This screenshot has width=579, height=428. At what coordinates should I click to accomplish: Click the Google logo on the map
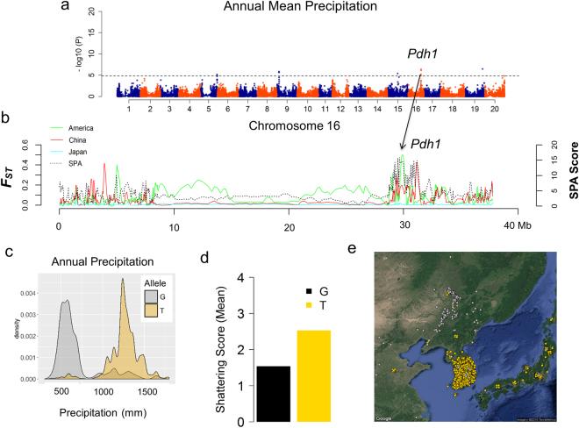384,417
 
